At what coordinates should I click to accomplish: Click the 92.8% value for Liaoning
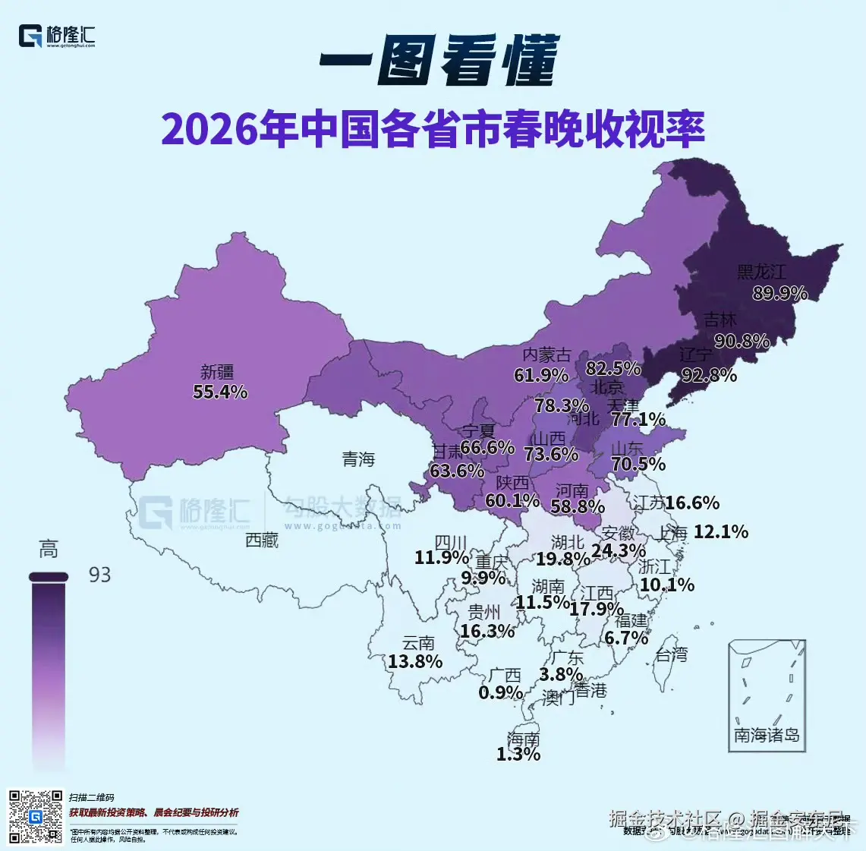tap(709, 374)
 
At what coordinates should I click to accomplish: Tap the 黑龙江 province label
tap(761, 272)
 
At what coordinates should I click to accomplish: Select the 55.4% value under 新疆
tap(220, 392)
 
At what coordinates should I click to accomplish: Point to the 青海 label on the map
tap(358, 459)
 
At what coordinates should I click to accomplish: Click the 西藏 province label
tap(262, 540)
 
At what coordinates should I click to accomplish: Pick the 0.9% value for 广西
tap(500, 692)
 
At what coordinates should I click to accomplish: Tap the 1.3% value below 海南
tap(518, 754)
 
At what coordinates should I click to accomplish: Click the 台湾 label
tap(672, 654)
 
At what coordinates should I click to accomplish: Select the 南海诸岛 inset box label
tap(766, 735)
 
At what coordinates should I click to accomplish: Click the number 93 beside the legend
tap(99, 575)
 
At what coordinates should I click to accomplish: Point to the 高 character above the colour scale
tap(49, 549)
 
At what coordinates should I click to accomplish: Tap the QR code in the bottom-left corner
tap(35, 816)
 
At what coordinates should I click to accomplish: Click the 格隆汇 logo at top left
tap(58, 36)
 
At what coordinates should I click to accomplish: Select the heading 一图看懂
tap(439, 60)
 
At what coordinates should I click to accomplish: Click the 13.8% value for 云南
tap(414, 661)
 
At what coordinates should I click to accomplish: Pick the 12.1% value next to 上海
tap(720, 531)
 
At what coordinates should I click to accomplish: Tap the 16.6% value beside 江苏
tap(692, 503)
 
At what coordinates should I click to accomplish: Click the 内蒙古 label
tap(546, 355)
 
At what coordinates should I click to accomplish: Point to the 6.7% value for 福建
tap(626, 638)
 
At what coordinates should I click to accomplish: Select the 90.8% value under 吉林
tap(742, 341)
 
